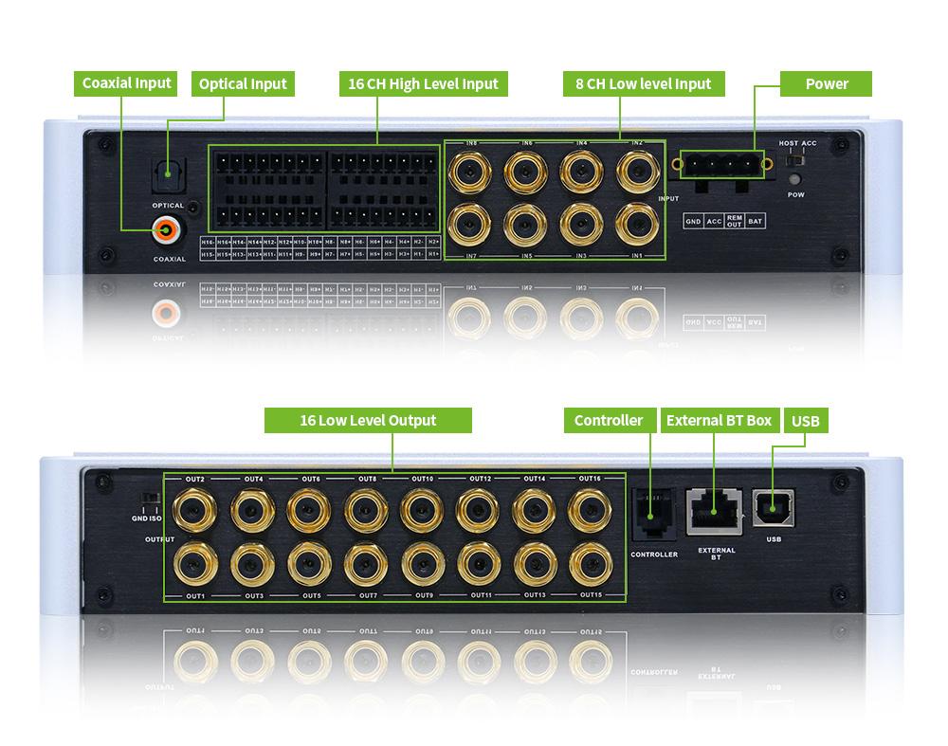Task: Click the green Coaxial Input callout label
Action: coord(126,83)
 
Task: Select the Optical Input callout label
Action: coord(243,83)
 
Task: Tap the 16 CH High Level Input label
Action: coord(423,83)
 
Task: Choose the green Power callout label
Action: coord(826,83)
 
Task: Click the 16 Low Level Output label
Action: coord(368,420)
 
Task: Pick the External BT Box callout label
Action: coord(719,420)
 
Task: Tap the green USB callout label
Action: coord(805,420)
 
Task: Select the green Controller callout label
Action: coord(608,420)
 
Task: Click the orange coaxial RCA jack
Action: coord(168,228)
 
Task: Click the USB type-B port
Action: coord(774,508)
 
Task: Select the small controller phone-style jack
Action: coord(653,512)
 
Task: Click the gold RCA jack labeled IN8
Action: coord(469,171)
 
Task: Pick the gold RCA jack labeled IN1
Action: coord(636,225)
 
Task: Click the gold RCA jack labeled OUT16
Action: coord(589,510)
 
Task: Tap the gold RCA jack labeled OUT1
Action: coord(194,563)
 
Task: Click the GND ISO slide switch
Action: coord(149,499)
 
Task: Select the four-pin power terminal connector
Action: coord(723,165)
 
